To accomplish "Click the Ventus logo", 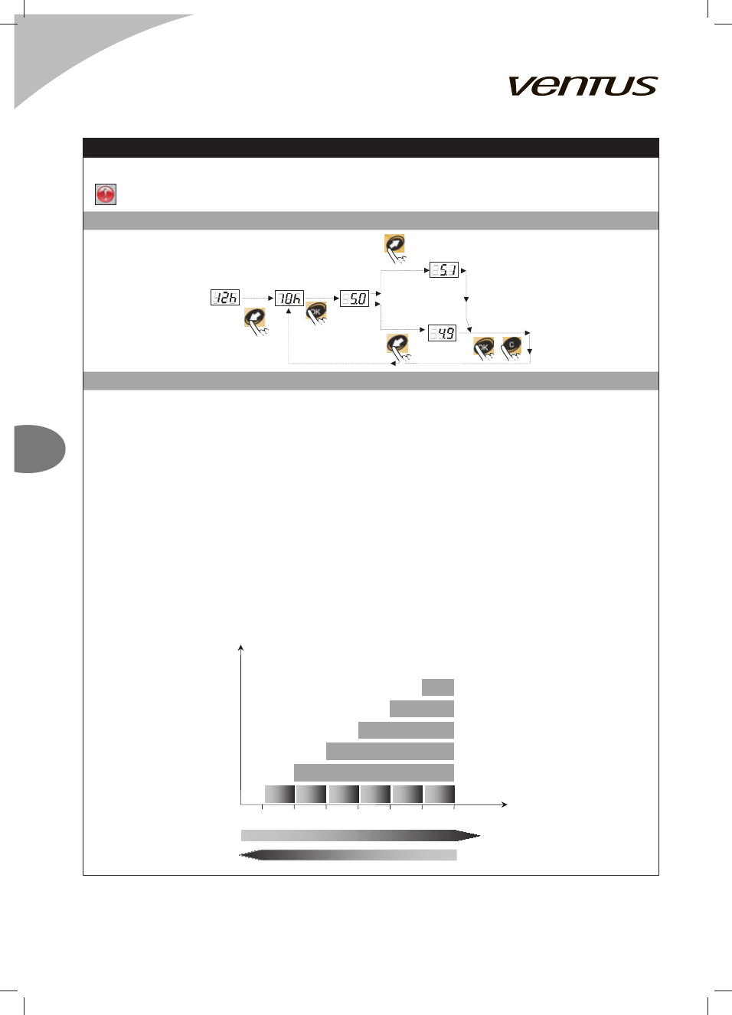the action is coord(583,86).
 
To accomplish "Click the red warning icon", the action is coord(106,194).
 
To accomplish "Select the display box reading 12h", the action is coord(225,298).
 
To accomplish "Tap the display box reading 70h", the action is coord(289,299).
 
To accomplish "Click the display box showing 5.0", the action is coord(355,299).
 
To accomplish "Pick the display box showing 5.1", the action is coord(444,270).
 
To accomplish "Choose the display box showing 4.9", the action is coord(443,333).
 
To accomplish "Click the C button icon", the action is coord(511,347).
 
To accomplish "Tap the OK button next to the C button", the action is coord(483,348).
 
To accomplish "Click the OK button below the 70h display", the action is coord(316,312).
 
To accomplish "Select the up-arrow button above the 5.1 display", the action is coord(395,247).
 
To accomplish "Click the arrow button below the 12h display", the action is coord(255,321).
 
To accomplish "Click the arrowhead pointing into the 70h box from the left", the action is coord(271,299).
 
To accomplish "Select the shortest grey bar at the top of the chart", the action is coord(438,687).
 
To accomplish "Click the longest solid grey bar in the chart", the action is coord(374,772).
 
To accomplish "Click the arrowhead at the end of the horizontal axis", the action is coord(505,804).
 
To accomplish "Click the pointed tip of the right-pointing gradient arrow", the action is coord(479,835).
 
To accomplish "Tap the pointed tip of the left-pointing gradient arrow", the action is coord(240,855).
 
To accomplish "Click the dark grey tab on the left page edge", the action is coord(40,449).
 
